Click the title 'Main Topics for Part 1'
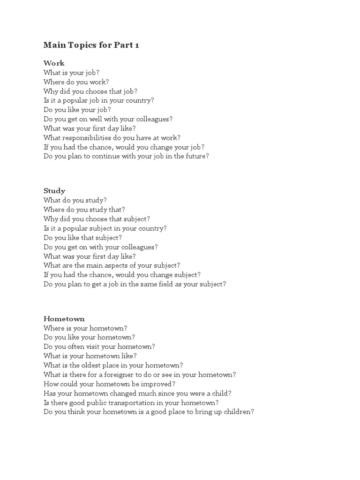coord(91,45)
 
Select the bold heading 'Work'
coord(54,63)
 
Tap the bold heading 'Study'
coord(54,191)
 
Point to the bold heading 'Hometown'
coord(64,319)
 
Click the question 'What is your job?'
coord(71,73)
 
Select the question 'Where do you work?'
coord(76,82)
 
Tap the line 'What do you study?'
coord(75,200)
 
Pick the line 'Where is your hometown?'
coord(85,328)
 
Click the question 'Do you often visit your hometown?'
coord(99,346)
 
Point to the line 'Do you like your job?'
coord(77,110)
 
